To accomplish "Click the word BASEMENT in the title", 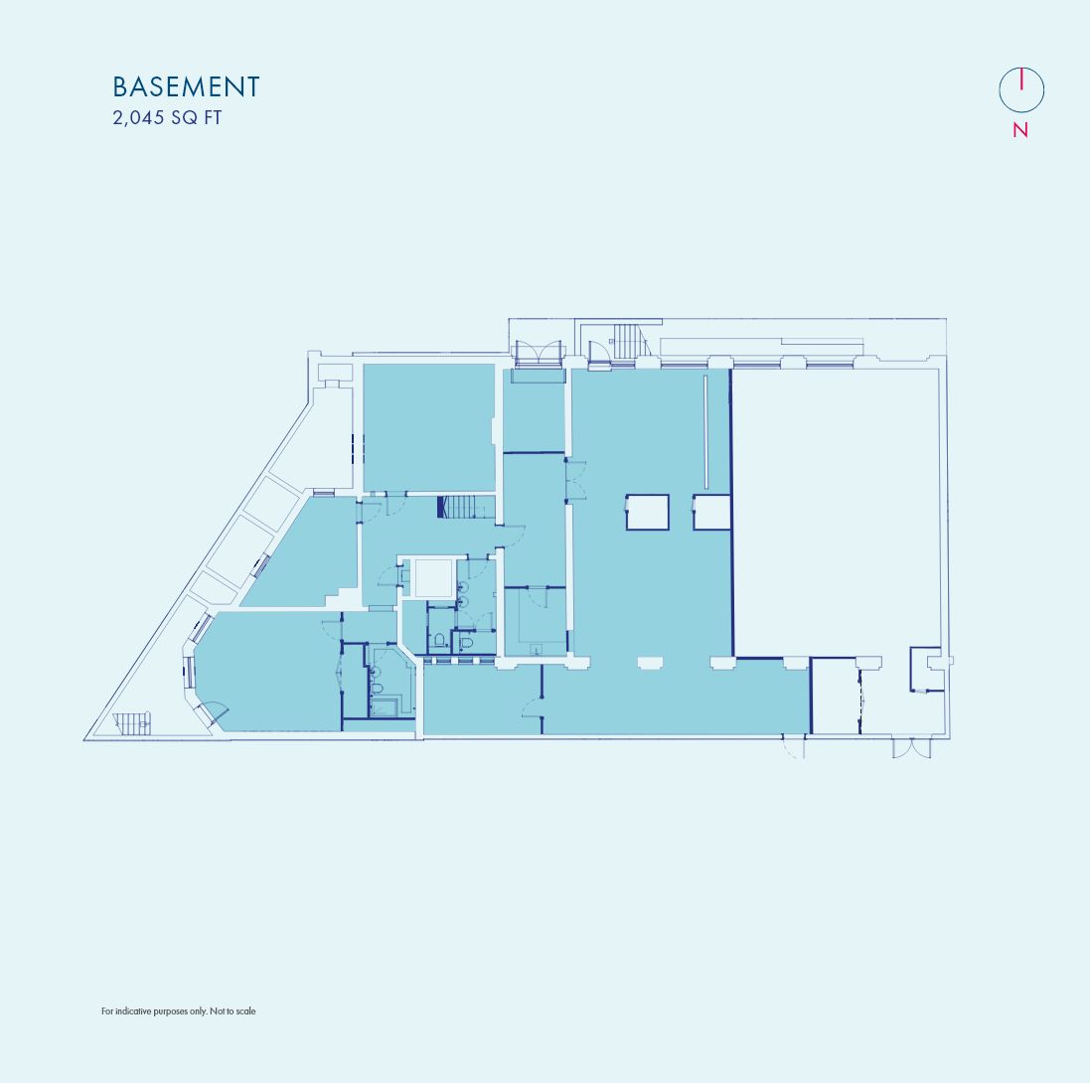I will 186,87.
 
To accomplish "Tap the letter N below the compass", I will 1020,130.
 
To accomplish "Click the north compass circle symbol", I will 1021,90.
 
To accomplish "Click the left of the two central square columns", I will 647,512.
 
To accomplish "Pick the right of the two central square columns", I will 711,512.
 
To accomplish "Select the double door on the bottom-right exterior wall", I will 911,748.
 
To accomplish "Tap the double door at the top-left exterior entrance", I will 538,353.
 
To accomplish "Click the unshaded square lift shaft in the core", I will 433,577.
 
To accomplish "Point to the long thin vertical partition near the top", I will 706,431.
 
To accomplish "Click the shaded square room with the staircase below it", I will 428,427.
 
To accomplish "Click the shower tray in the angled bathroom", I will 384,706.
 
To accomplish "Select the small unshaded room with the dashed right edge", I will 835,696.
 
